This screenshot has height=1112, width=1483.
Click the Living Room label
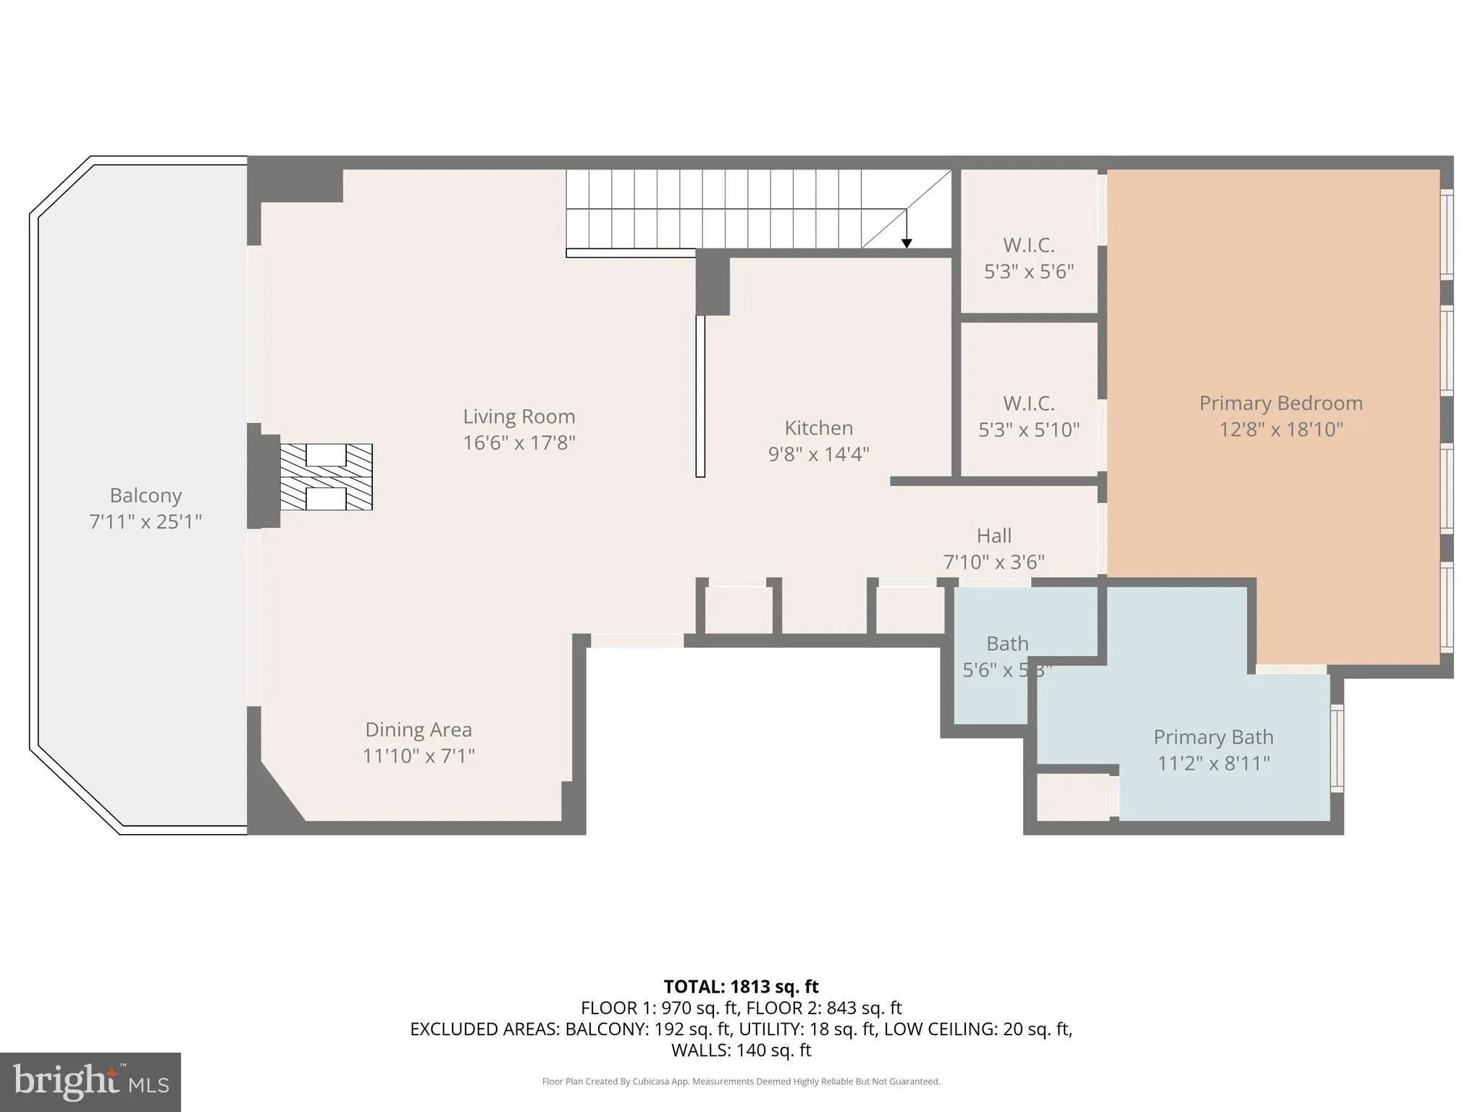pyautogui.click(x=518, y=416)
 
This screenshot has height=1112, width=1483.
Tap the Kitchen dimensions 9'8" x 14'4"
pyautogui.click(x=818, y=454)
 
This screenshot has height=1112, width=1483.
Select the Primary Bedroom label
pyautogui.click(x=1280, y=403)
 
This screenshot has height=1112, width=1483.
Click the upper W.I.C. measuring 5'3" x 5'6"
pyautogui.click(x=1028, y=258)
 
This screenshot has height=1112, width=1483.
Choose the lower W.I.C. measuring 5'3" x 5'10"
pyautogui.click(x=1028, y=416)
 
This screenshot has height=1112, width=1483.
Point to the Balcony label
pyautogui.click(x=146, y=495)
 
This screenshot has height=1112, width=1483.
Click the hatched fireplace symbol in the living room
pyautogui.click(x=326, y=477)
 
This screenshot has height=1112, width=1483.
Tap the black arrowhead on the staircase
pyautogui.click(x=906, y=243)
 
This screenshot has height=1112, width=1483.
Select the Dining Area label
pyautogui.click(x=418, y=729)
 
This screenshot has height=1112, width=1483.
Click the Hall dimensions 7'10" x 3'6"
pyautogui.click(x=993, y=562)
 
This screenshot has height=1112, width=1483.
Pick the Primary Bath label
pyautogui.click(x=1213, y=737)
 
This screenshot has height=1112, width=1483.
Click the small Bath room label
pyautogui.click(x=1007, y=644)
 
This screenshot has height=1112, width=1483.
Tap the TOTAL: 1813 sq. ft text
pyautogui.click(x=741, y=987)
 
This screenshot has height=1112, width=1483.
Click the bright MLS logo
pyautogui.click(x=91, y=1082)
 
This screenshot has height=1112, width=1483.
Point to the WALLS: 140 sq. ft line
pyautogui.click(x=741, y=1050)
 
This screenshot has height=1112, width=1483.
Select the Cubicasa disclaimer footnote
pyautogui.click(x=741, y=1082)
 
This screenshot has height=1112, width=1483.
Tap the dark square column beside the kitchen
pyautogui.click(x=713, y=282)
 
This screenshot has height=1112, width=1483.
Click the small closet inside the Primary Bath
pyautogui.click(x=1073, y=797)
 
